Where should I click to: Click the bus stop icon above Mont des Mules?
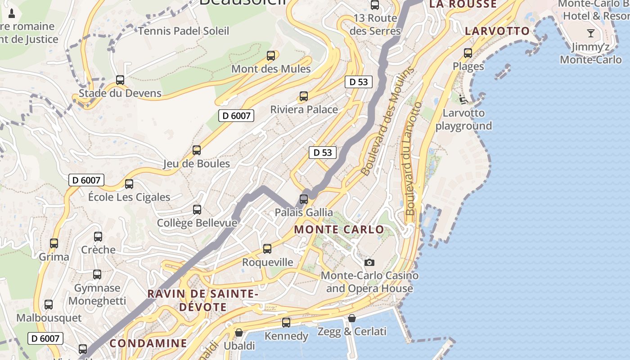point(270,56)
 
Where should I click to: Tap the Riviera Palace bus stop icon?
point(304,96)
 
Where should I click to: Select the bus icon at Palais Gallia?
point(304,199)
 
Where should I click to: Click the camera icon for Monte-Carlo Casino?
point(369,262)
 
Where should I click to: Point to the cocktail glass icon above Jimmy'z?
point(590,33)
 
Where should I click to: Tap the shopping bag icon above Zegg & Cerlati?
point(352,318)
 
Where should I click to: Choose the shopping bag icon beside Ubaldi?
point(239,333)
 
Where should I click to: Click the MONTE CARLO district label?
point(339,229)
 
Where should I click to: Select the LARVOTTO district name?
point(497,31)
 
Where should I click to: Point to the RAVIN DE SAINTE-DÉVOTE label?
point(203,300)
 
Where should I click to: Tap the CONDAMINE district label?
point(148,343)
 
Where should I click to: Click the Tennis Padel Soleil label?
point(184,31)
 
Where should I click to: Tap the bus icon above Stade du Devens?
point(120,80)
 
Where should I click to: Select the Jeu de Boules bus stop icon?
point(197,150)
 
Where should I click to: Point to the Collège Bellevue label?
point(197,223)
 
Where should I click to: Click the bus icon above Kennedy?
point(286,323)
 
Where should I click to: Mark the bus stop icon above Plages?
point(468,53)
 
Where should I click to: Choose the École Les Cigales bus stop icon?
point(129,184)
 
